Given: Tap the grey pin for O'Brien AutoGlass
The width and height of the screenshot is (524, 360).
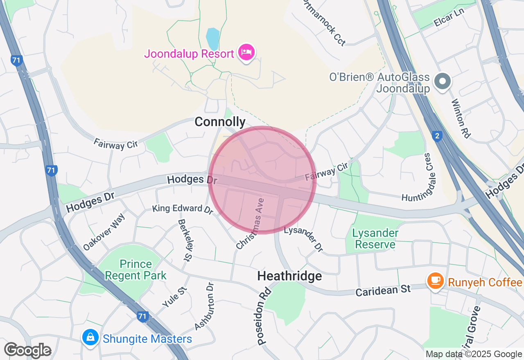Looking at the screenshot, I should (443, 81).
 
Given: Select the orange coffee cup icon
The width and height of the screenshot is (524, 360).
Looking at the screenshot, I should (435, 281).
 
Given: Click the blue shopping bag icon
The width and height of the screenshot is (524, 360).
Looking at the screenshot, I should (90, 337).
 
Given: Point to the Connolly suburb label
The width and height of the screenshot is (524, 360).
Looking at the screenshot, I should (220, 122).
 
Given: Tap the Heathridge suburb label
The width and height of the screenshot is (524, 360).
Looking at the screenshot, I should (289, 276).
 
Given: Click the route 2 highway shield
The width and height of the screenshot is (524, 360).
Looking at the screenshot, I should (437, 136).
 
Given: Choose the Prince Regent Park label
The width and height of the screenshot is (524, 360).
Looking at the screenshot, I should (136, 270).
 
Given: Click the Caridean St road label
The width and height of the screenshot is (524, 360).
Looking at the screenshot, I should (383, 290).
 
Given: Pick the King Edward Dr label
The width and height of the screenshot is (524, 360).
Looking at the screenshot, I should (183, 209).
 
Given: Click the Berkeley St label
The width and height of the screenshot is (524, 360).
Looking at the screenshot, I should (185, 239).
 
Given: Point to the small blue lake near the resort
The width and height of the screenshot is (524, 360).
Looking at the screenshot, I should (212, 39).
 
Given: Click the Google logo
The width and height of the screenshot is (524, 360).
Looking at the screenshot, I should (27, 350).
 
